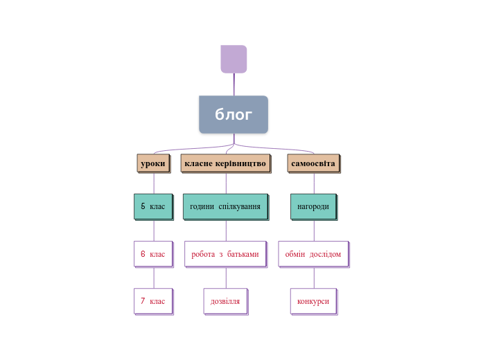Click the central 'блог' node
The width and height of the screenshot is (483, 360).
click(234, 114)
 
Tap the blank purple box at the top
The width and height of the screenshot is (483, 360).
click(234, 59)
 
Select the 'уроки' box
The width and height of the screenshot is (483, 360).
click(153, 163)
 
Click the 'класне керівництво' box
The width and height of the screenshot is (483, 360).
click(225, 163)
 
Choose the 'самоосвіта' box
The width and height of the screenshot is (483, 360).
click(313, 163)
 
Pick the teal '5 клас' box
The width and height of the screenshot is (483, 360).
click(152, 206)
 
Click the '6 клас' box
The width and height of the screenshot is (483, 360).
click(152, 254)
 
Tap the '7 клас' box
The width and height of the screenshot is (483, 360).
click(152, 301)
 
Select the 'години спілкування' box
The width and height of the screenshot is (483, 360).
click(225, 206)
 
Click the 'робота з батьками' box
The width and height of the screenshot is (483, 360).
click(225, 254)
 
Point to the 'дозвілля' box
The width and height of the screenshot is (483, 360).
click(225, 301)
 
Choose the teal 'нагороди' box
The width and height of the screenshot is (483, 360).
click(313, 206)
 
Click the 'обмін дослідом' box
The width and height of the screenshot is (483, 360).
click(313, 254)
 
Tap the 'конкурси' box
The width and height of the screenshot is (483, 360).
click(313, 301)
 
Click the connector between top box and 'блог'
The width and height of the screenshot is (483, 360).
click(234, 84)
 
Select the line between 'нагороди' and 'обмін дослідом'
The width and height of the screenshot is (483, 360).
click(314, 230)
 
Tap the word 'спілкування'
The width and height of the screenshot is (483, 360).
click(240, 206)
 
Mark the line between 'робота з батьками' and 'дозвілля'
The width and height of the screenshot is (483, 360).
click(226, 278)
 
